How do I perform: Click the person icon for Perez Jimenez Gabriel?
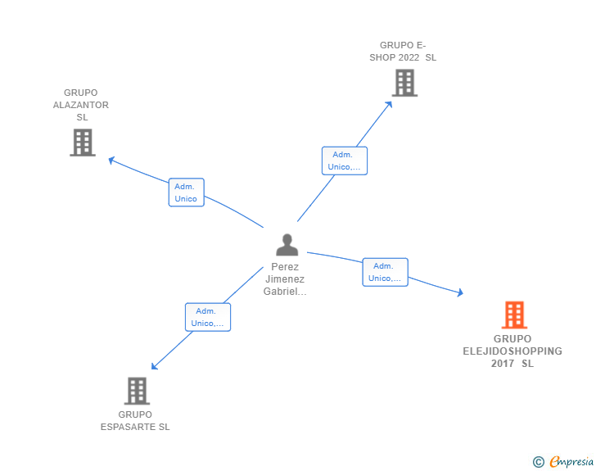[287, 245]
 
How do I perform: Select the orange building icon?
[514, 315]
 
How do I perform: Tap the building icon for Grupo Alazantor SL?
[83, 143]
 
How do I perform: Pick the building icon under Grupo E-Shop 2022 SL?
[404, 83]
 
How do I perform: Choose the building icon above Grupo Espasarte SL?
[137, 391]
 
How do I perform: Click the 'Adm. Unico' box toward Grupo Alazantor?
[187, 192]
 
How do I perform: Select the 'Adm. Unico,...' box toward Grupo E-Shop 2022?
[345, 161]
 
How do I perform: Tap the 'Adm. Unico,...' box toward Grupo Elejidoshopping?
[385, 272]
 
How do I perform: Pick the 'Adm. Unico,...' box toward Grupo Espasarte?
[208, 317]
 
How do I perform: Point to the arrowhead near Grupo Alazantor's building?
[111, 161]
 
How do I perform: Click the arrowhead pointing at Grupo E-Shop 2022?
[388, 105]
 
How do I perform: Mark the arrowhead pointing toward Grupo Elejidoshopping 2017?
[460, 292]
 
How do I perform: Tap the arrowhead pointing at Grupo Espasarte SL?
[154, 366]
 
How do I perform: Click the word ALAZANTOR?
[80, 105]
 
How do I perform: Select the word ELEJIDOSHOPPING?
[512, 351]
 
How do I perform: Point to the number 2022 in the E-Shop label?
[409, 57]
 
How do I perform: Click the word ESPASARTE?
[129, 427]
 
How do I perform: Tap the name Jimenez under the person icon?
[285, 279]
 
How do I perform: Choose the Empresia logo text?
[571, 461]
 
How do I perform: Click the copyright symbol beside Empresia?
[539, 462]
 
